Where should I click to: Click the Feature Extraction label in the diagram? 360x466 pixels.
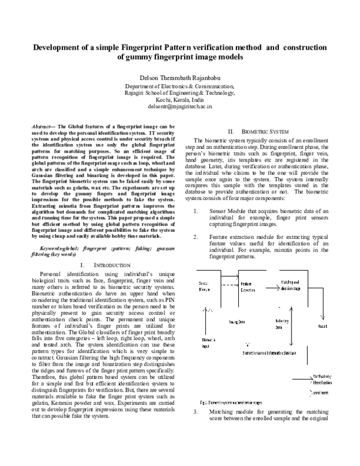[x=248, y=286]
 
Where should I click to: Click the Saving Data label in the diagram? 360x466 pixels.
[x=236, y=322]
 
